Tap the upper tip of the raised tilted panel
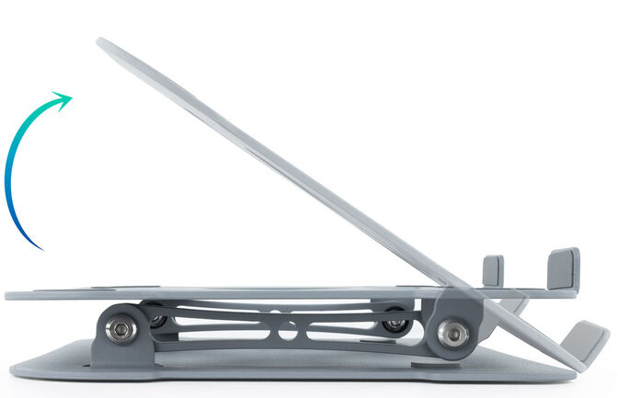100,42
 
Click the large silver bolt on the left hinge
120,330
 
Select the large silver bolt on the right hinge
452,334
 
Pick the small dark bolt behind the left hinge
158,320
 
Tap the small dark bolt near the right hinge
396,324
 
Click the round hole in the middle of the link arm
288,328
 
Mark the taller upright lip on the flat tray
563,268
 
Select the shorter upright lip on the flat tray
493,271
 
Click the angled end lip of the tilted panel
585,341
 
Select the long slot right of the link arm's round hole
345,328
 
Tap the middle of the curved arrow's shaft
10,165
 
